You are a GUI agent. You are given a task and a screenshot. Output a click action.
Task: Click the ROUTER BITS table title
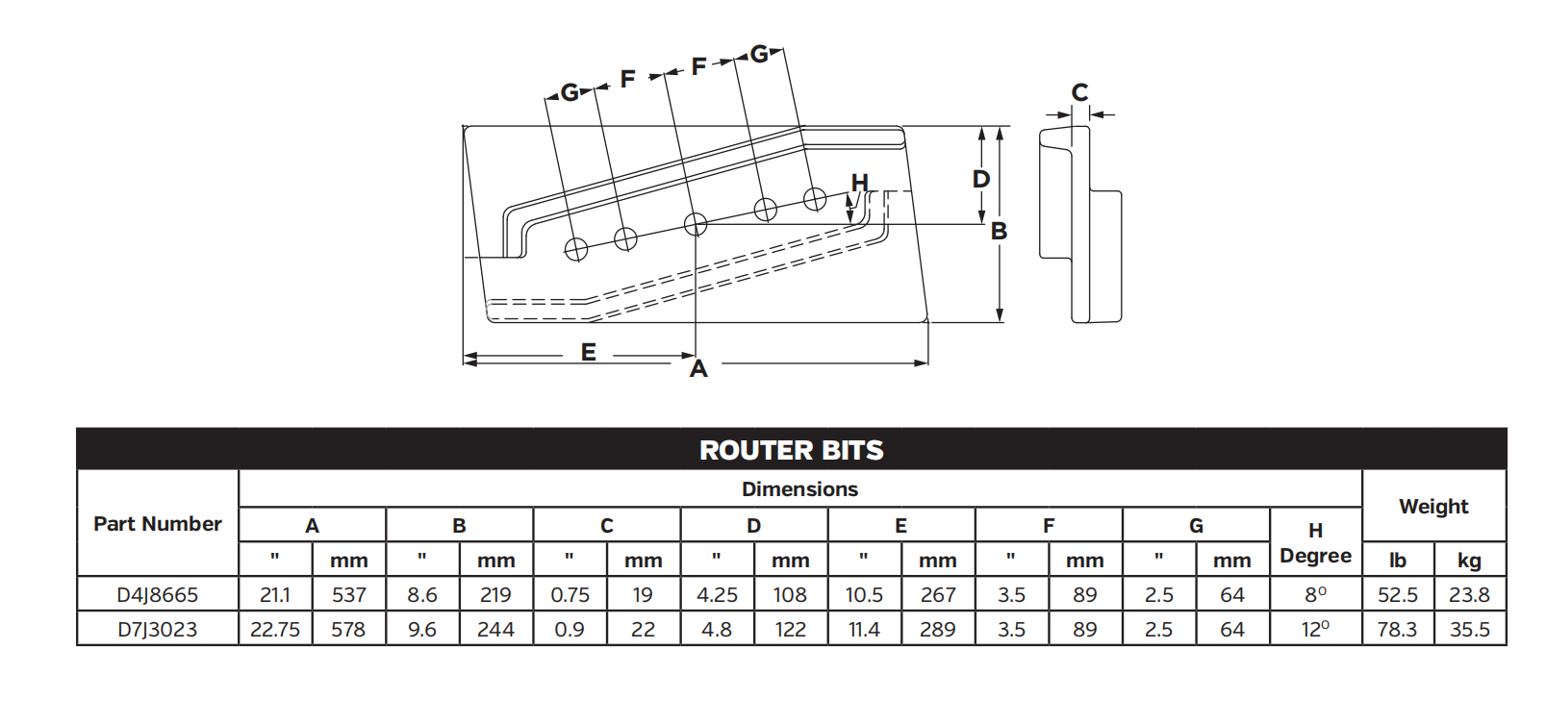pyautogui.click(x=791, y=450)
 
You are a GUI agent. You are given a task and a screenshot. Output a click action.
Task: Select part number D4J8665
pyautogui.click(x=158, y=595)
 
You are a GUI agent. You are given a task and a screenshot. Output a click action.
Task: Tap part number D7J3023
pyautogui.click(x=158, y=630)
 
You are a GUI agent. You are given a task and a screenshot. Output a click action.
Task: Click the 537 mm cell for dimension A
pyautogui.click(x=348, y=595)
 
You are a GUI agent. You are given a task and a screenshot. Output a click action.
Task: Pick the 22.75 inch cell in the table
pyautogui.click(x=275, y=630)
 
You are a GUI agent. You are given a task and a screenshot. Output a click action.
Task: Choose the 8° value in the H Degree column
pyautogui.click(x=1315, y=595)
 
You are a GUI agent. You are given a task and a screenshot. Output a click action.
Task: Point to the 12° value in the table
pyautogui.click(x=1315, y=630)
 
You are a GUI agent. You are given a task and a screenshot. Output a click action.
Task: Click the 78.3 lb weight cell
pyautogui.click(x=1397, y=630)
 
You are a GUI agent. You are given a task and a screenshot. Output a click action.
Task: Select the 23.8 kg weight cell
pyautogui.click(x=1469, y=595)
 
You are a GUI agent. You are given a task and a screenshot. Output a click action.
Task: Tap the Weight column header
pyautogui.click(x=1433, y=507)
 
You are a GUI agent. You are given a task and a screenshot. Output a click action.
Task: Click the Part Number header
pyautogui.click(x=158, y=524)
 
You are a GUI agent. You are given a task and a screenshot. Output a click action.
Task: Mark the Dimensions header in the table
pyautogui.click(x=799, y=489)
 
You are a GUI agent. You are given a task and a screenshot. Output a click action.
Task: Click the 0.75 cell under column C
pyautogui.click(x=570, y=595)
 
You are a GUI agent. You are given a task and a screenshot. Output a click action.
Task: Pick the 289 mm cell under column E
pyautogui.click(x=937, y=630)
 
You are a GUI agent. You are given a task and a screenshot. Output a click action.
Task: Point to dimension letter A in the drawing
pyautogui.click(x=698, y=369)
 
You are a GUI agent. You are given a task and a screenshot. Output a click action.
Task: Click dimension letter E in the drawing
pyautogui.click(x=589, y=353)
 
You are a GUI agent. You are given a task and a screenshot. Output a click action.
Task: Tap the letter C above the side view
pyautogui.click(x=1079, y=93)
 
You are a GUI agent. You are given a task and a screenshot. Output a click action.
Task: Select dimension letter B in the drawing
pyautogui.click(x=1000, y=232)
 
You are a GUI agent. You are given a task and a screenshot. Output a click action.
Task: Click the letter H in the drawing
pyautogui.click(x=860, y=183)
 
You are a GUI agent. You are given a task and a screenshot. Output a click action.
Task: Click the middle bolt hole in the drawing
pyautogui.click(x=696, y=225)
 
